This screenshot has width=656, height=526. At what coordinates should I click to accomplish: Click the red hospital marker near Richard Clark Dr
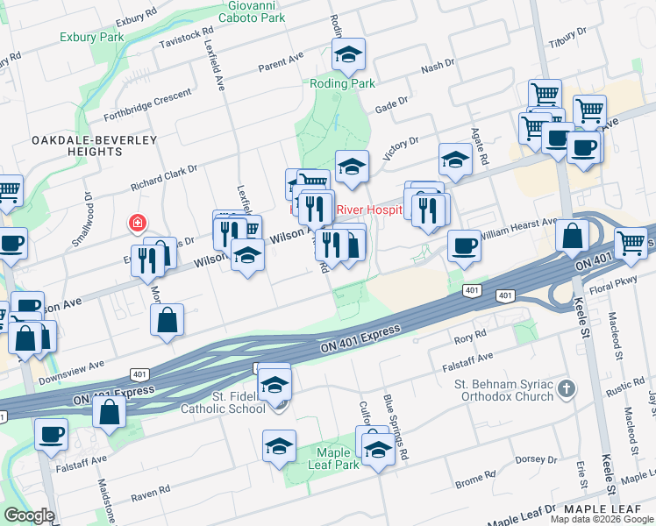click(137, 223)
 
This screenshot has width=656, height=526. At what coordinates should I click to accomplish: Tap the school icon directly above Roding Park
click(349, 55)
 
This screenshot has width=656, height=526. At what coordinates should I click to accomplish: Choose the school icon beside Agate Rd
click(455, 160)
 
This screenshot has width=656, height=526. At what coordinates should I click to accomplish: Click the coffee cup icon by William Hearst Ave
click(464, 245)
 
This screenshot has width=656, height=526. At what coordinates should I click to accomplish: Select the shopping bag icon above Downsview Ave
click(167, 320)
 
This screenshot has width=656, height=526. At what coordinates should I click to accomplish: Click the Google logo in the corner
click(29, 515)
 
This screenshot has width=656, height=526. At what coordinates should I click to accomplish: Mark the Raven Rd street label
click(150, 496)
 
